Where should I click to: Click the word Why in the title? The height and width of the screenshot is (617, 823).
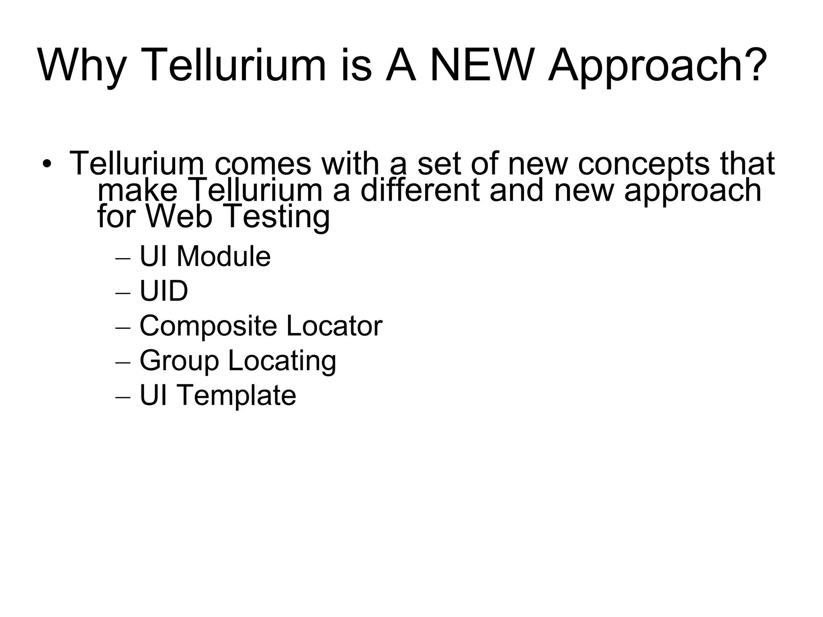coord(82,65)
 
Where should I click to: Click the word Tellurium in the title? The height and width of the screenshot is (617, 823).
coord(233,65)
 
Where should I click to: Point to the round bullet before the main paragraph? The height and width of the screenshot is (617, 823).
coord(47,164)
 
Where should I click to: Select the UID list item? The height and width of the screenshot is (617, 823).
coord(164,291)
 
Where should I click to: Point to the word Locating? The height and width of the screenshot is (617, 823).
coord(282,361)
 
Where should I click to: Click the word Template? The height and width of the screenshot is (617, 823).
coord(237,396)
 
